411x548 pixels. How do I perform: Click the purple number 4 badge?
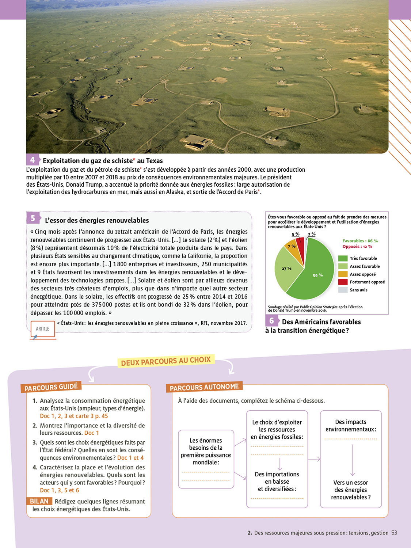pyautogui.click(x=32, y=160)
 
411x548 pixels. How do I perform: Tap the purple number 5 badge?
pyautogui.click(x=33, y=218)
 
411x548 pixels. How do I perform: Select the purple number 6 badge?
pyautogui.click(x=271, y=321)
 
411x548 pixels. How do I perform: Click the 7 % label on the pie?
pyautogui.click(x=291, y=247)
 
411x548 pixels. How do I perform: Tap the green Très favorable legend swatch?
pyautogui.click(x=343, y=258)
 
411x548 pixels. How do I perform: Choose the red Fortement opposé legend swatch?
pyautogui.click(x=343, y=282)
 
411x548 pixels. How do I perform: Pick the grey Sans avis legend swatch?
pyautogui.click(x=343, y=290)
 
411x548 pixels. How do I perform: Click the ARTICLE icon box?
pyautogui.click(x=42, y=329)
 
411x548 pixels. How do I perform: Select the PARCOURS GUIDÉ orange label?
pyautogui.click(x=51, y=387)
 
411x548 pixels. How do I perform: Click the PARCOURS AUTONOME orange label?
pyautogui.click(x=204, y=387)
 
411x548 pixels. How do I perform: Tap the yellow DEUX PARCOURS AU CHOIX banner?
pyautogui.click(x=166, y=361)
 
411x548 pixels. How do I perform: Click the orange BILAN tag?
pyautogui.click(x=39, y=501)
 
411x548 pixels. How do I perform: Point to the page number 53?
pyautogui.click(x=394, y=533)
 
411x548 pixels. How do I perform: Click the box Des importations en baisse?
pyautogui.click(x=277, y=482)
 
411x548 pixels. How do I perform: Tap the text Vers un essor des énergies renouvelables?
pyautogui.click(x=351, y=490)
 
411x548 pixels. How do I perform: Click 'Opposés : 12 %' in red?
pyautogui.click(x=357, y=247)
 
